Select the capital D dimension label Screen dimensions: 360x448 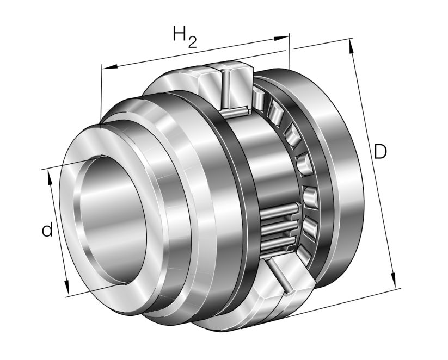[x=380, y=152]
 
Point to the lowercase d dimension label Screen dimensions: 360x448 [x=47, y=231]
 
